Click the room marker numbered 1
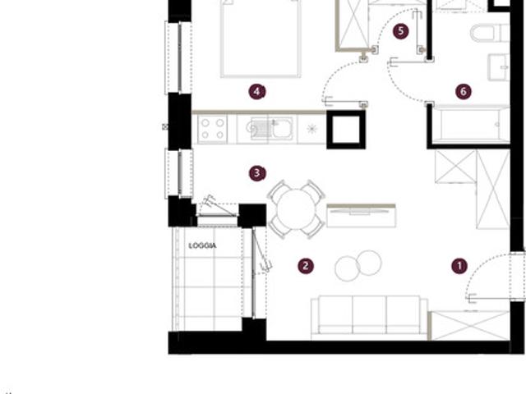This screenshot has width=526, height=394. (x=459, y=266)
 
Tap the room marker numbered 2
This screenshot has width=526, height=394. (x=306, y=266)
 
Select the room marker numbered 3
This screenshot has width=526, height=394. (x=257, y=173)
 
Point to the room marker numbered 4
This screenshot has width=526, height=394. (x=257, y=91)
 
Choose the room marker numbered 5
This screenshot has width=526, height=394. (x=401, y=31)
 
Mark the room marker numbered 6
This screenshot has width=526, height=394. (x=464, y=91)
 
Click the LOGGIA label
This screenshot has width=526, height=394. (x=202, y=246)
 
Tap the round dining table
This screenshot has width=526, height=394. (x=297, y=209)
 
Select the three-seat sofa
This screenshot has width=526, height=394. (x=369, y=318)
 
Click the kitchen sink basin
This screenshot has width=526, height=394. (x=283, y=129)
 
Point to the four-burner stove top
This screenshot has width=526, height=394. (x=212, y=129)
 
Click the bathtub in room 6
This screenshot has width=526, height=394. (x=470, y=125)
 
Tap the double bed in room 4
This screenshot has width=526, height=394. (x=261, y=39)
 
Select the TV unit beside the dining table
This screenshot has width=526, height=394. (x=361, y=216)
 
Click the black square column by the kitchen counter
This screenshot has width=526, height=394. (x=346, y=130)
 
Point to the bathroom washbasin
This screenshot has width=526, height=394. (x=499, y=67)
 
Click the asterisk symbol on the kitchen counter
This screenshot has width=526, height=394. (x=311, y=129)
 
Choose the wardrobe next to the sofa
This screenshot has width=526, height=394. (x=469, y=325)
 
